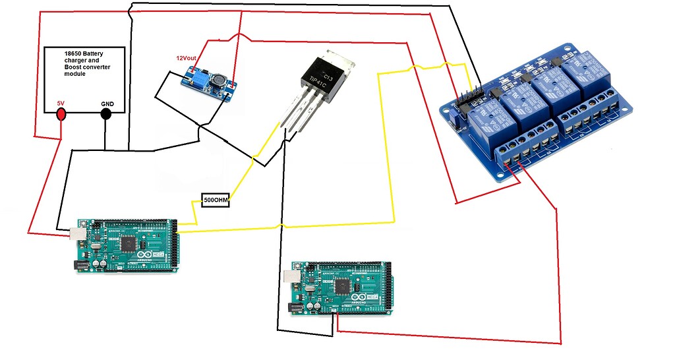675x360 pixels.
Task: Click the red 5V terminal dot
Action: pos(61,114)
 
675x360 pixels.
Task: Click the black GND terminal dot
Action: pos(105,113)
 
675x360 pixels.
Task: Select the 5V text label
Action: pos(61,102)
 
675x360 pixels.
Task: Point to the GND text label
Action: pos(107,104)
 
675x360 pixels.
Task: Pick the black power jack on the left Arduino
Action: pos(81,264)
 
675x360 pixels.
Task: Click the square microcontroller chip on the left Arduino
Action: pos(127,243)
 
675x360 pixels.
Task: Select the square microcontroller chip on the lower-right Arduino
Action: pos(343,286)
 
